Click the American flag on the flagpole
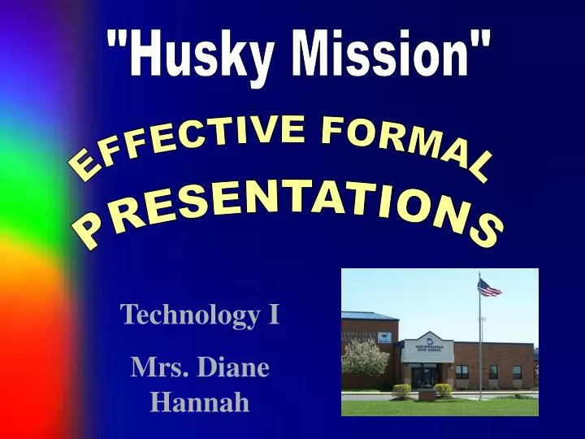pyautogui.click(x=489, y=288)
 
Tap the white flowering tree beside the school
pyautogui.click(x=366, y=358)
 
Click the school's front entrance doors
pyautogui.click(x=425, y=376)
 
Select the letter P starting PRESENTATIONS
pyautogui.click(x=88, y=236)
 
